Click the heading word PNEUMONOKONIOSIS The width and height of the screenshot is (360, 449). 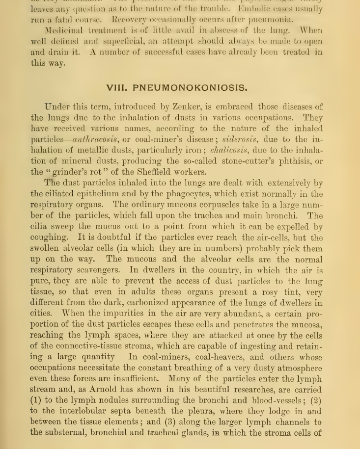[x=190, y=88]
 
